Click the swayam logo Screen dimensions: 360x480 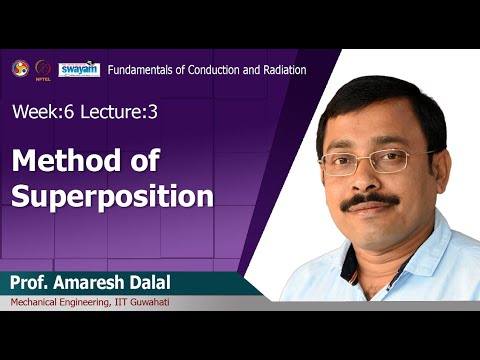78,69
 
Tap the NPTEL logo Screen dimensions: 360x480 43,69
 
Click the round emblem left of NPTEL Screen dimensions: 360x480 19,68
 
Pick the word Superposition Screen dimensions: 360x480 113,195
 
